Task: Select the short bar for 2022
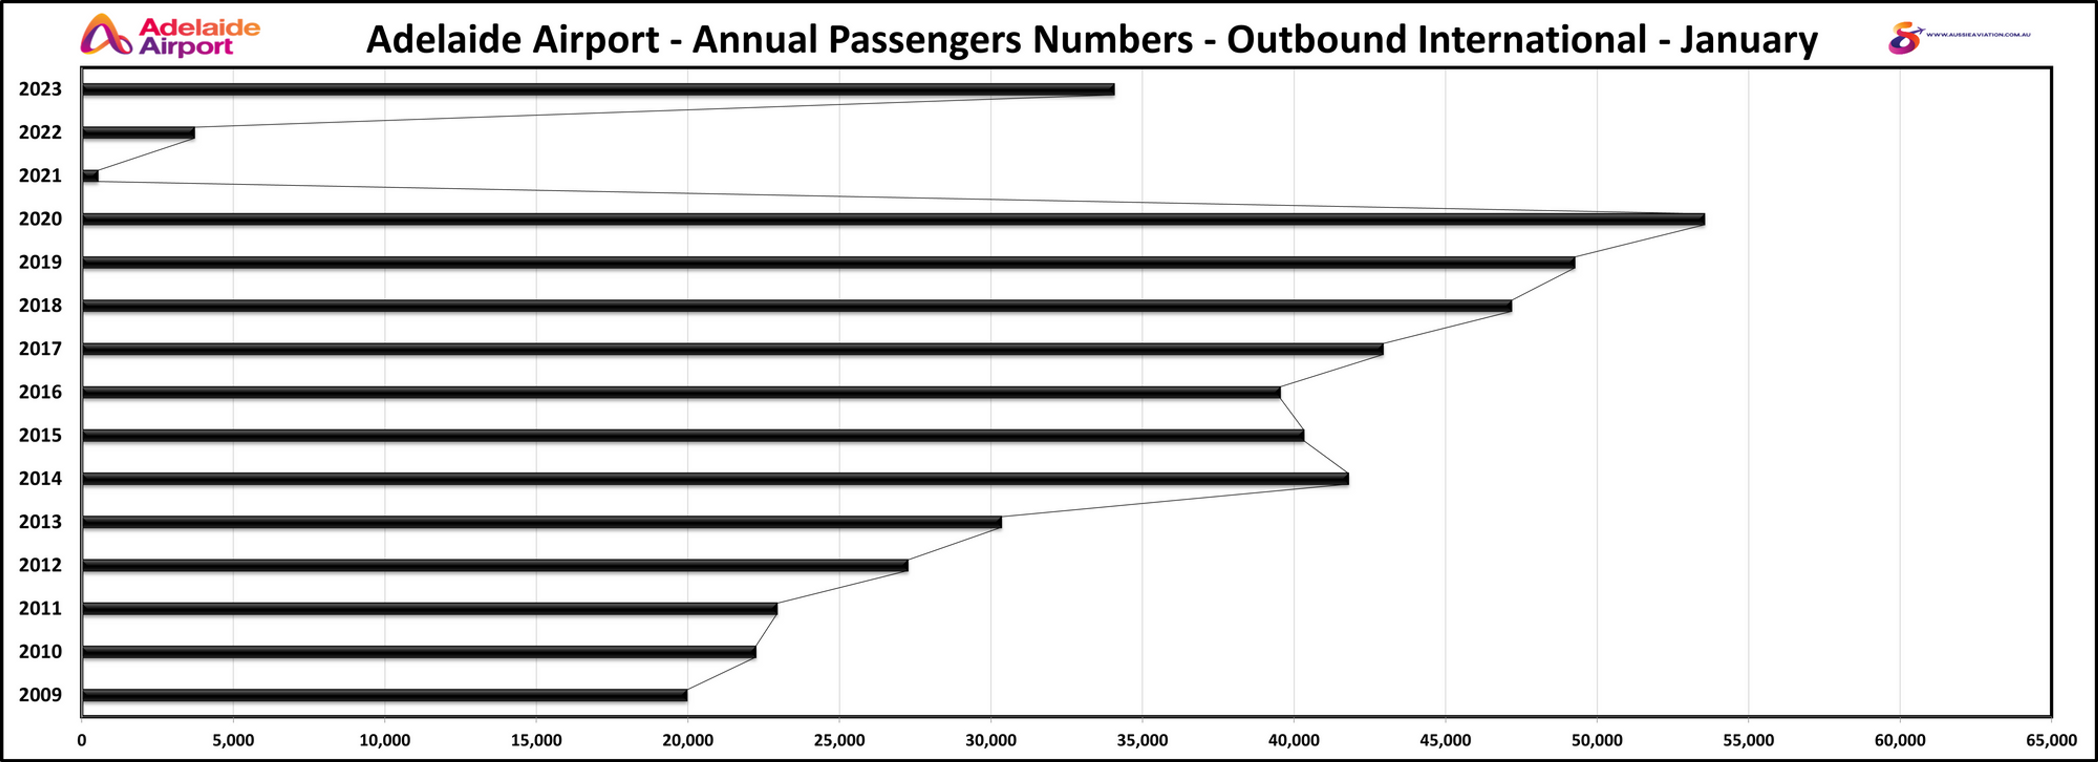(138, 133)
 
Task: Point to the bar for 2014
(715, 479)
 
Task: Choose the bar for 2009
(384, 695)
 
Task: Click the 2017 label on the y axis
(40, 349)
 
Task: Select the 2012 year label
(40, 565)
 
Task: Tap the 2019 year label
(40, 262)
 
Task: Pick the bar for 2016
(681, 392)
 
